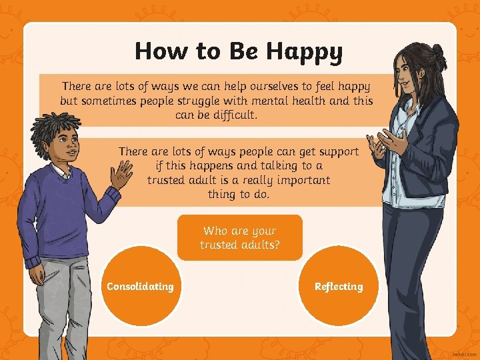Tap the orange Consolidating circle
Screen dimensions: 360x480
tap(141, 287)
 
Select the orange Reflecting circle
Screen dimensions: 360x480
tap(339, 287)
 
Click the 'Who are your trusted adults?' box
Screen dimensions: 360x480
tap(240, 237)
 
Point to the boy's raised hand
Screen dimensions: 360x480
tap(122, 175)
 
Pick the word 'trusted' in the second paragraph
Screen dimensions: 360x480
tap(171, 180)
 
